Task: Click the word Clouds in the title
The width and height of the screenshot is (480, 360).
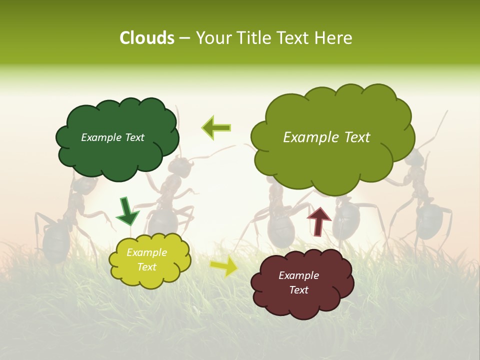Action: click(x=146, y=38)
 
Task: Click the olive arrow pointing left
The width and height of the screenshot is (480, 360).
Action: click(x=216, y=127)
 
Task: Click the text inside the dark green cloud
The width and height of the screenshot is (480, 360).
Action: click(x=112, y=137)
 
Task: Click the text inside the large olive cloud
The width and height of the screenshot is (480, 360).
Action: click(x=326, y=137)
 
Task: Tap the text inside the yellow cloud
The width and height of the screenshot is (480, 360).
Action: click(x=146, y=260)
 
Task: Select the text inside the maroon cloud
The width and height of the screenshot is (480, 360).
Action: click(x=298, y=282)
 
